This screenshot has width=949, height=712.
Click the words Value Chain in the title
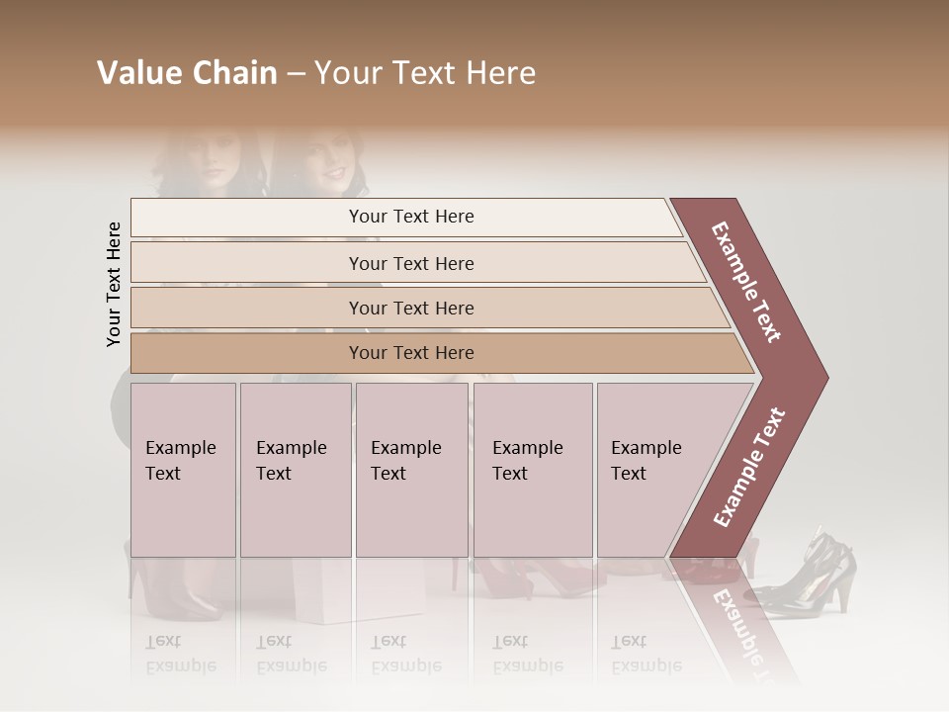tap(187, 73)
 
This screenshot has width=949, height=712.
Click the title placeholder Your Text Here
tap(425, 73)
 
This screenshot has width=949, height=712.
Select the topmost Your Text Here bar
tap(410, 217)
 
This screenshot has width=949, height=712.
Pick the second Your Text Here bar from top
tap(410, 263)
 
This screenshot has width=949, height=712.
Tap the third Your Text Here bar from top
tap(410, 308)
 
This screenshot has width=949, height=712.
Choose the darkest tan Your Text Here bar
tap(410, 353)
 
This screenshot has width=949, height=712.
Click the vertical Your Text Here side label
tap(114, 284)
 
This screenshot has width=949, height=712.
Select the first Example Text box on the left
tap(183, 469)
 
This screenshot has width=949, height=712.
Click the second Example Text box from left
tap(295, 469)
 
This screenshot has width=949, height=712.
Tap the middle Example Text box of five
tap(411, 469)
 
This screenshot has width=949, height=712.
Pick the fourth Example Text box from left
tap(532, 469)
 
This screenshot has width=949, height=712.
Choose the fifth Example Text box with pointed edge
tap(657, 469)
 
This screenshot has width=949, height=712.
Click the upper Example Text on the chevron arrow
tap(746, 283)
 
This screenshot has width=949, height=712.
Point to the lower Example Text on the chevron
tap(748, 467)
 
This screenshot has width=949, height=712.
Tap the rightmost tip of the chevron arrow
tap(824, 377)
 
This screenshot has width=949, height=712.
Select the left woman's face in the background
tap(211, 162)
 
